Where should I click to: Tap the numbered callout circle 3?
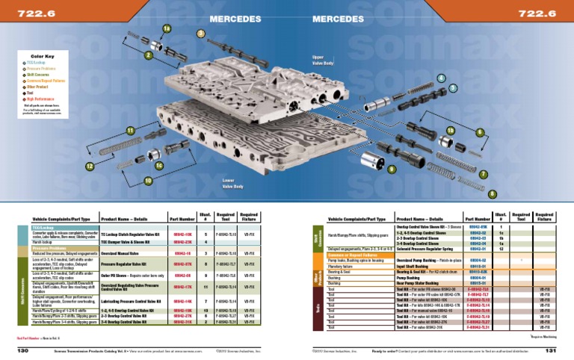[x=200, y=34]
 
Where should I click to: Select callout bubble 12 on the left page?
[x=90, y=166]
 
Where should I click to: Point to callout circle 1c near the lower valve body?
[x=159, y=165]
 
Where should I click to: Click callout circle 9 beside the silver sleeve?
[x=391, y=169]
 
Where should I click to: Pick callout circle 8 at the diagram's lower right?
[x=491, y=194]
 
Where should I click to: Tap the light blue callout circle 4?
[x=442, y=78]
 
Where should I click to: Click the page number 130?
[x=22, y=350]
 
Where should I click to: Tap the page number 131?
[x=551, y=350]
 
